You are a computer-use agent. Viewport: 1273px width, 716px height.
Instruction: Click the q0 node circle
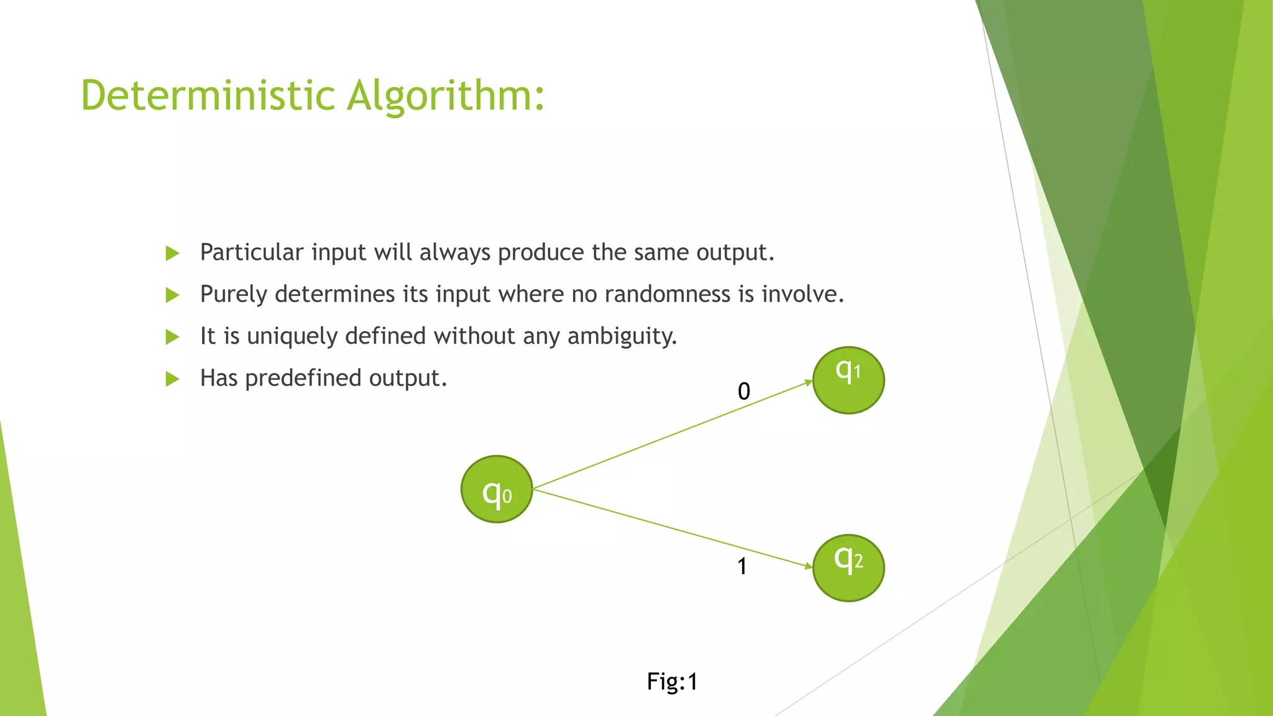497,489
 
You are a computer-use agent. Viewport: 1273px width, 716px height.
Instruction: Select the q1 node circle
848,380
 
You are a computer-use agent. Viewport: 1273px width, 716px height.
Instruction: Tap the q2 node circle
848,567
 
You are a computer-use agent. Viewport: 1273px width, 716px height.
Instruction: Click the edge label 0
744,392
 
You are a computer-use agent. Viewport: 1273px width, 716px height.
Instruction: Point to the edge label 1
742,566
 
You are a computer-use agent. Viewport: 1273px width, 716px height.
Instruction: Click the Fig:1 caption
672,682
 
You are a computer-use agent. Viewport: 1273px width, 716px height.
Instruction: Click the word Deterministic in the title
208,96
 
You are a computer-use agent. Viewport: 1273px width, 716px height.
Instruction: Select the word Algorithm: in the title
445,96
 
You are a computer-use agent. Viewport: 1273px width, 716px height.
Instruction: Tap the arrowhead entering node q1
808,382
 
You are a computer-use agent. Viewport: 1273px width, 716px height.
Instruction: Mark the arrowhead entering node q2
808,566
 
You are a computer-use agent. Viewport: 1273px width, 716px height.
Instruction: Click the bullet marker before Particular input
172,253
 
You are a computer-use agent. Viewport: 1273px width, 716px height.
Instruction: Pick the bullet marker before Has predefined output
172,379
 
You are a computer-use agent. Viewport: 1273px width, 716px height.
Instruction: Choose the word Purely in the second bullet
234,295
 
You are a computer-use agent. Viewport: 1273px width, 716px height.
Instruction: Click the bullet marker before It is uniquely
172,337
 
